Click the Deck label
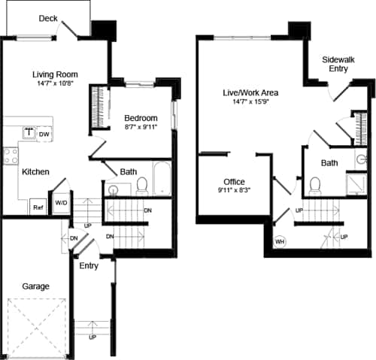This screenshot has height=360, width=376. [x=48, y=18]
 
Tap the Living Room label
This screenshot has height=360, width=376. [x=56, y=74]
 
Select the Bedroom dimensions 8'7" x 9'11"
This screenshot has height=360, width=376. [x=141, y=129]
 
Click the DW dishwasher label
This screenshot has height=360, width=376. [x=44, y=135]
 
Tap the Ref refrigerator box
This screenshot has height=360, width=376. [x=37, y=207]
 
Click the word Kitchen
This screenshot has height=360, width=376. [x=35, y=172]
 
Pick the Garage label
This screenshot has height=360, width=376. [x=35, y=286]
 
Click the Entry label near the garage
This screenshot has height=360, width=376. [x=89, y=265]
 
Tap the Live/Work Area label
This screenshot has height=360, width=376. [x=250, y=92]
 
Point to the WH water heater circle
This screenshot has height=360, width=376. [x=280, y=242]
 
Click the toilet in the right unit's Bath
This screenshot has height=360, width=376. [x=315, y=184]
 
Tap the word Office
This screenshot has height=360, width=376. [x=235, y=182]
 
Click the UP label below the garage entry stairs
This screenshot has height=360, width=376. [x=92, y=337]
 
